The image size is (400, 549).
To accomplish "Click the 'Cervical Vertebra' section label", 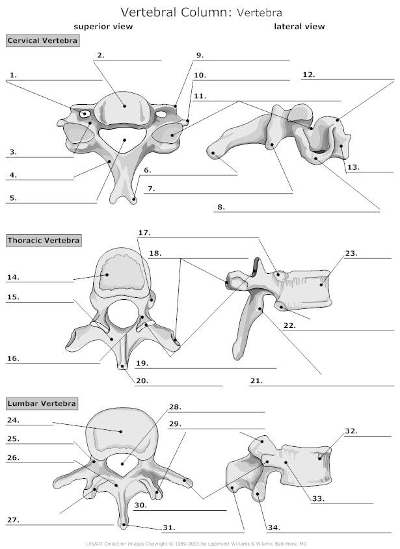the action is point(42,40).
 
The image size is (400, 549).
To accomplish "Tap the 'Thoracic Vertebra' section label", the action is point(44,241).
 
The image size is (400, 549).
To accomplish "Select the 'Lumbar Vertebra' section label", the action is point(42,403).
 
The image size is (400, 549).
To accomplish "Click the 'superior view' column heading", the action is point(103,27).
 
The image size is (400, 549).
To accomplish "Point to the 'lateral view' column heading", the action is point(299,27).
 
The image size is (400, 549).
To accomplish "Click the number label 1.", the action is point(13,75).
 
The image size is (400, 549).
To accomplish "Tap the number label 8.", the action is point(221,207).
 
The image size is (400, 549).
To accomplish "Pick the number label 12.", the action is point(309,75).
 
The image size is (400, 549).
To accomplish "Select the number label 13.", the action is point(353,167).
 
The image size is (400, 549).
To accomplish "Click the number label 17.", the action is point(144,232).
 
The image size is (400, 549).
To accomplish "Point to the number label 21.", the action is point(256,381).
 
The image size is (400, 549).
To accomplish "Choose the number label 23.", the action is point(351,253).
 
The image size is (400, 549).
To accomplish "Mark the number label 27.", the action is point(13,520).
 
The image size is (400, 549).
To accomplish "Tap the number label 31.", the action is point(169,528).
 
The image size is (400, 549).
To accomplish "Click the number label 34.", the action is point(274,528).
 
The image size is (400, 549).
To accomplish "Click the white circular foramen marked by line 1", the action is point(85,114).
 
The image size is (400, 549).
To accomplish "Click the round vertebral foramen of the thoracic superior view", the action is point(123,314).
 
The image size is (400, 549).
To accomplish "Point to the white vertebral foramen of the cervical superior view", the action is point(122,139).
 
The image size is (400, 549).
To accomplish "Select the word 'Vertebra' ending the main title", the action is point(260,13).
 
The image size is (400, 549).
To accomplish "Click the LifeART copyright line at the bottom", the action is point(196,544).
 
